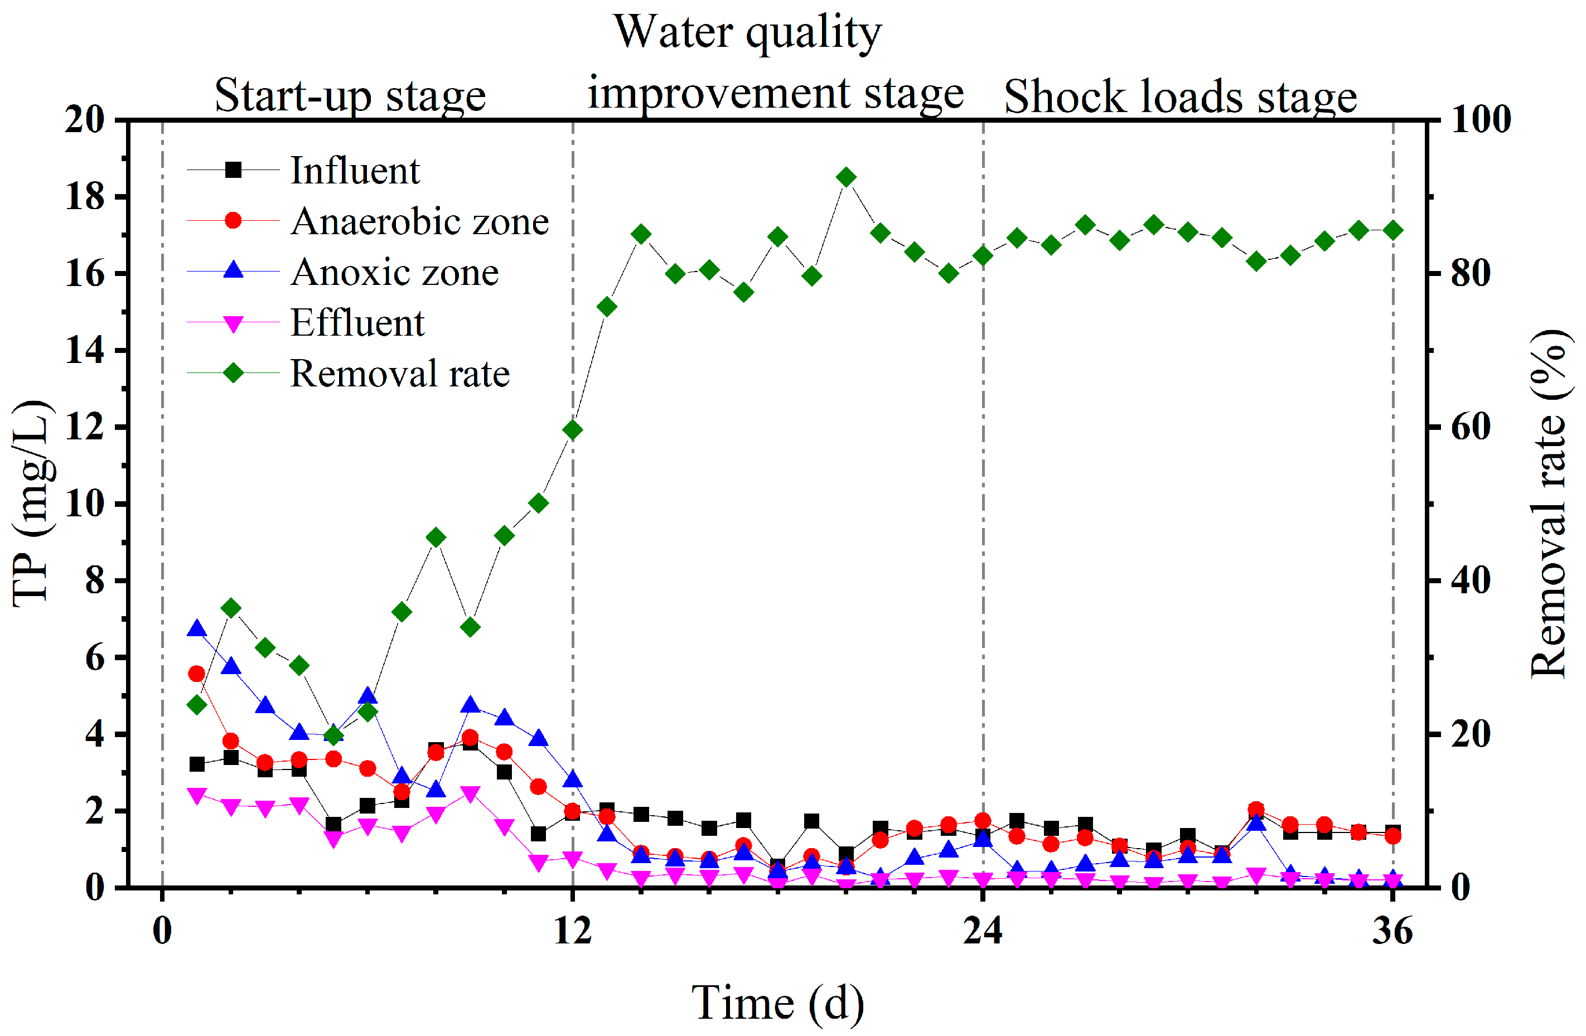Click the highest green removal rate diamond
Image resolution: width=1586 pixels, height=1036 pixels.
tap(845, 177)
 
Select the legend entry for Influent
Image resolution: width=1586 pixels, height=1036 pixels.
tap(355, 171)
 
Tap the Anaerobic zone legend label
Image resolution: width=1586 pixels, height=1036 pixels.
tap(419, 221)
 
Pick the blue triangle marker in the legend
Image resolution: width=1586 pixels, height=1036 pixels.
tap(233, 270)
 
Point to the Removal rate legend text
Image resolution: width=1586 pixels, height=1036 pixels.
tap(400, 373)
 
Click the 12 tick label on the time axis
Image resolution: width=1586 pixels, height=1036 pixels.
tap(572, 931)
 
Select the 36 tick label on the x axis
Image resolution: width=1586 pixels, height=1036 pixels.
tap(1392, 931)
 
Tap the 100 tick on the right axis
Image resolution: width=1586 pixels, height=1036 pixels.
tap(1481, 120)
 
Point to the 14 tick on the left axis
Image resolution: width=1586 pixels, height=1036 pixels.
tap(85, 350)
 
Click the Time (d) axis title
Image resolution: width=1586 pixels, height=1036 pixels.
tap(778, 1002)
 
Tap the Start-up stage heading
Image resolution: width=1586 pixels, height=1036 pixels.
tap(350, 95)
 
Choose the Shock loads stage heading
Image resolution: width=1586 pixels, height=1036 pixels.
tap(1179, 97)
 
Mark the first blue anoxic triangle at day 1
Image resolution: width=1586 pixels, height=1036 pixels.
tap(197, 628)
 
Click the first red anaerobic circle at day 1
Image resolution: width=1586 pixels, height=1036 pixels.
tap(197, 674)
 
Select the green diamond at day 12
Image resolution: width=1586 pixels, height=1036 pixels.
tap(572, 430)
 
